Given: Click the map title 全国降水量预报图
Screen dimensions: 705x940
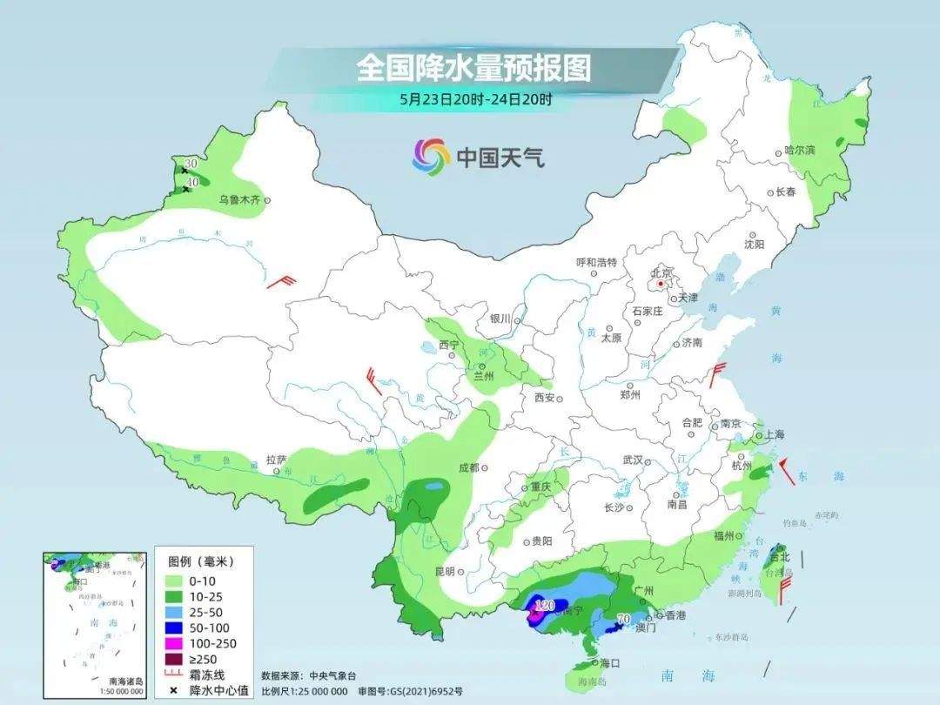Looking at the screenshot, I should [x=473, y=68].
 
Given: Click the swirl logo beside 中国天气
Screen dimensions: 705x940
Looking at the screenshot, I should [x=430, y=156].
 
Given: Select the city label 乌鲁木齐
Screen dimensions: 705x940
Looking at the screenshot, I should [x=239, y=199].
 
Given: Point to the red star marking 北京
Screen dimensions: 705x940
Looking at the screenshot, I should [x=661, y=284].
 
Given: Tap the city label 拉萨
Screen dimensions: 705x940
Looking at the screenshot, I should [x=276, y=459].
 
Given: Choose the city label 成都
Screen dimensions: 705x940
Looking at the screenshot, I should [x=468, y=467].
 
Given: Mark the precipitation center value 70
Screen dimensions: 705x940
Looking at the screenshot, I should [x=622, y=619].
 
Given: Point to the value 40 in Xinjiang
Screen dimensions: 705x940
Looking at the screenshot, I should [x=193, y=181].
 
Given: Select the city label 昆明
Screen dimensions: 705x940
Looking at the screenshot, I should [x=444, y=571].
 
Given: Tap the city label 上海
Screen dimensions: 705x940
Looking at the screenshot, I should [x=773, y=434].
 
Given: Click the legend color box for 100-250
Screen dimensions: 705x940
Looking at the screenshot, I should [x=173, y=643].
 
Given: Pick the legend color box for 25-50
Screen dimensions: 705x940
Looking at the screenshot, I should [x=173, y=611].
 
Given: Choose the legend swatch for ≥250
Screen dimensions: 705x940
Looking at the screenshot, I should [x=173, y=659].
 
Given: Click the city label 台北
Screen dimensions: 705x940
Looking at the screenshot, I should [x=781, y=557].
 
